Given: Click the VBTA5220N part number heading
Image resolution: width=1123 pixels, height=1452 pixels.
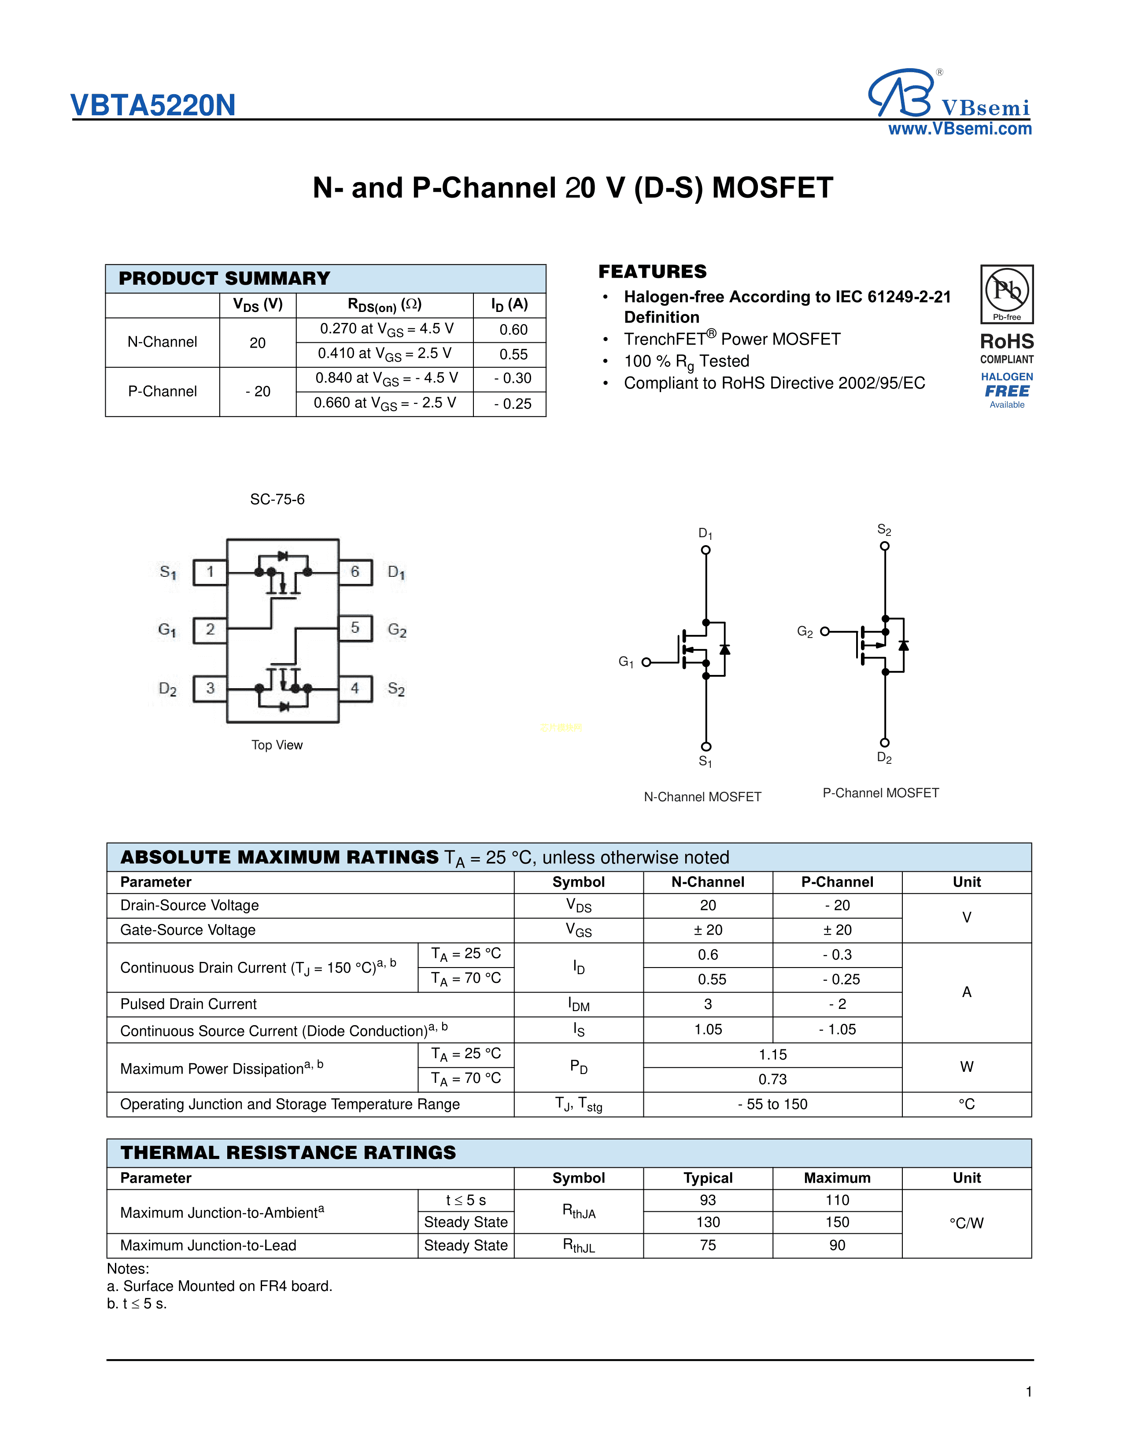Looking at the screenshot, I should (153, 105).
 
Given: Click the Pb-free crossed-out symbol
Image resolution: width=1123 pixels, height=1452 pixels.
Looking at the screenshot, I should (1007, 290).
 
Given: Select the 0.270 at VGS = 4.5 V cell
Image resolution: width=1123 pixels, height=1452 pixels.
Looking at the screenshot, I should (386, 329).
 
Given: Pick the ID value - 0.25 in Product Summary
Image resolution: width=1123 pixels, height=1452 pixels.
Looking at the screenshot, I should (512, 403).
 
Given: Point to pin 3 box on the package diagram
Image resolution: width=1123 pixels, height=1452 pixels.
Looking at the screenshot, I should (210, 688).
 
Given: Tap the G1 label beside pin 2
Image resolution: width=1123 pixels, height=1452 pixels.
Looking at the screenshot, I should (167, 630).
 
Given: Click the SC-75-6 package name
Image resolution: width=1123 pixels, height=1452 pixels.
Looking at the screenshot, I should (277, 499).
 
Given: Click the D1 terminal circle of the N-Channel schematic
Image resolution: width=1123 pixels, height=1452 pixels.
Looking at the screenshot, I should (706, 550).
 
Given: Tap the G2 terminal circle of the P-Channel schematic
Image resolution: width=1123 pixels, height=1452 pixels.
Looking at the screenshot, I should (825, 631).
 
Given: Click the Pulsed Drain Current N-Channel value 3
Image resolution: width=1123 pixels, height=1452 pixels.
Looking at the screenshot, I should (708, 1004).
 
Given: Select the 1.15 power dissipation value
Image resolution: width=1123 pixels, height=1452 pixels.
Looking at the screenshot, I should (772, 1054).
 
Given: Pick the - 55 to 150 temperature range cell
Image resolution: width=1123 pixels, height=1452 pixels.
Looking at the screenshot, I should (772, 1104).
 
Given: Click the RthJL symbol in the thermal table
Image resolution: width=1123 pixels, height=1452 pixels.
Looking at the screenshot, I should (578, 1246).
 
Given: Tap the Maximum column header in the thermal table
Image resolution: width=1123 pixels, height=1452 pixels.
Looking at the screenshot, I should (837, 1178).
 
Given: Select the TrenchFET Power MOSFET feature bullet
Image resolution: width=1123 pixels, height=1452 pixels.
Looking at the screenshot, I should (732, 339).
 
